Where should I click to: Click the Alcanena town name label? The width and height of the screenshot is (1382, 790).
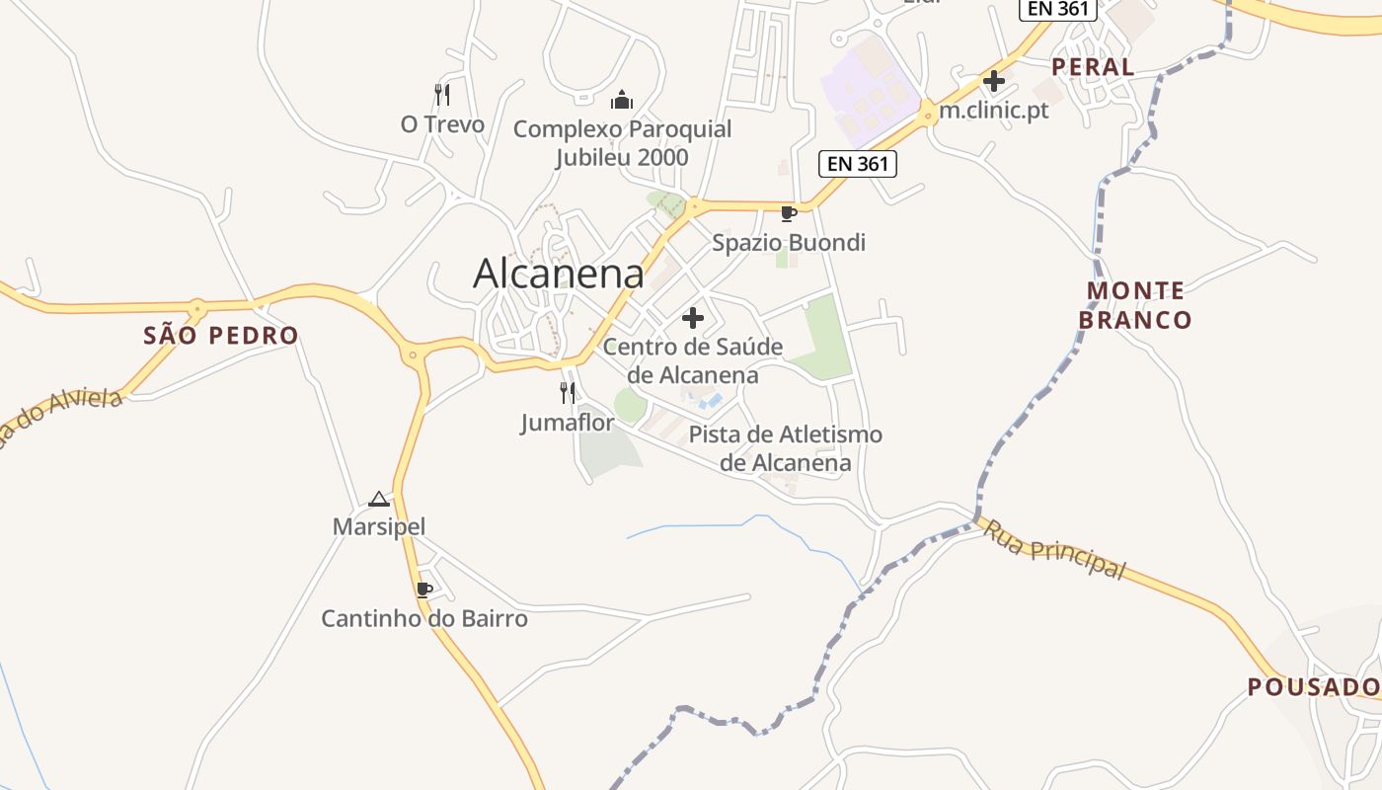click(x=559, y=274)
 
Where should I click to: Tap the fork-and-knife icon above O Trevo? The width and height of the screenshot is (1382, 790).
click(x=442, y=95)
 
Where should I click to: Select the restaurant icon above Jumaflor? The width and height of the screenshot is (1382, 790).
click(x=568, y=393)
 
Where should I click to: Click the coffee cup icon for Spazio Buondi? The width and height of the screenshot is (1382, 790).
click(x=788, y=213)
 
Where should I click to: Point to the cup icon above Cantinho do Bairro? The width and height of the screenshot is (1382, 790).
click(x=424, y=590)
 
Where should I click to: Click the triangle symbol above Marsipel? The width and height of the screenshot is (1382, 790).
click(x=379, y=499)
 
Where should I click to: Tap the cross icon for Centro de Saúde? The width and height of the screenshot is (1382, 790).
click(x=693, y=318)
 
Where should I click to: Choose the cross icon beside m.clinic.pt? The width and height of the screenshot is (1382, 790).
click(x=994, y=81)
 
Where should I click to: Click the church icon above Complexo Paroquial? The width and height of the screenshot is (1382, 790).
click(x=622, y=99)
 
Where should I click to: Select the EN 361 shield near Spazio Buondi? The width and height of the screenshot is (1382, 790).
click(x=858, y=164)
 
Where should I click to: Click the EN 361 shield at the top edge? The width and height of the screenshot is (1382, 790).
click(x=1058, y=9)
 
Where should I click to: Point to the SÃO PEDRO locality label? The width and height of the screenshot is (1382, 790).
click(x=221, y=336)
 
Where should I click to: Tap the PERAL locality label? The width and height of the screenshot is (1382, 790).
click(x=1093, y=67)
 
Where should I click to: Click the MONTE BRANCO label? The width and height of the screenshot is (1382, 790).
click(x=1135, y=305)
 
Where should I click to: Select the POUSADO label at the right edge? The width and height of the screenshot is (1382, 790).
click(x=1313, y=686)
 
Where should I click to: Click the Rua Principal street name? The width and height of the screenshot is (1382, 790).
click(x=1053, y=549)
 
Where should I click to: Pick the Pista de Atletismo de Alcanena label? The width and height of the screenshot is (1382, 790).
click(x=786, y=448)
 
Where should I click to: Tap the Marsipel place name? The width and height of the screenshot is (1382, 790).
click(x=379, y=526)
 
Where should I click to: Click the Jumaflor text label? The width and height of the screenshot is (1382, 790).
click(x=568, y=423)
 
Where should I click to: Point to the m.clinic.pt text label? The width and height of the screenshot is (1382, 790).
click(x=993, y=110)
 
